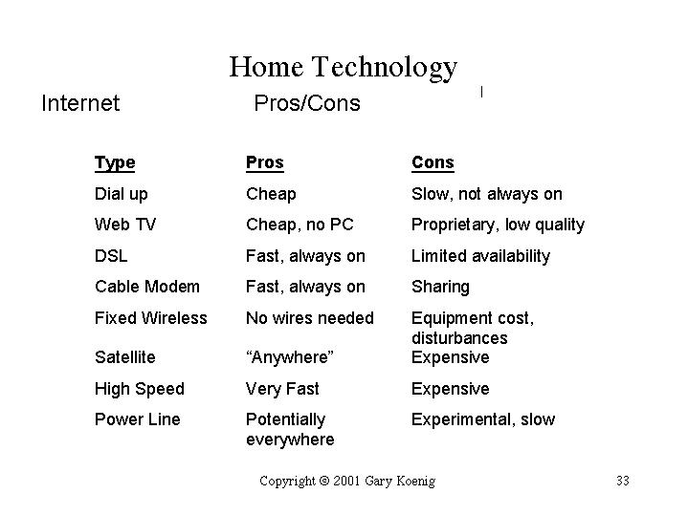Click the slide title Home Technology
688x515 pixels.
pyautogui.click(x=344, y=68)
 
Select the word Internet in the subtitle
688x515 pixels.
pyautogui.click(x=80, y=103)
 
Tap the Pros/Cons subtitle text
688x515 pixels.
pyautogui.click(x=307, y=103)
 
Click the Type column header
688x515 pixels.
pyautogui.click(x=115, y=163)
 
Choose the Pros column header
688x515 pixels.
pyautogui.click(x=265, y=162)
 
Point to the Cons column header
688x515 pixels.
pyautogui.click(x=433, y=162)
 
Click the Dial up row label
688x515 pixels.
pyautogui.click(x=122, y=195)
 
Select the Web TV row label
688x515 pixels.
pyautogui.click(x=125, y=225)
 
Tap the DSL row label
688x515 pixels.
pyautogui.click(x=111, y=256)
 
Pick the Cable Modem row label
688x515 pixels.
pyautogui.click(x=147, y=287)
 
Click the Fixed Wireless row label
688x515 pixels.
pyautogui.click(x=151, y=318)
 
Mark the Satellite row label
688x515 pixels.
pyautogui.click(x=125, y=357)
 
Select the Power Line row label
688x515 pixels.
pyautogui.click(x=138, y=419)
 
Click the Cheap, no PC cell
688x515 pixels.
pyautogui.click(x=300, y=225)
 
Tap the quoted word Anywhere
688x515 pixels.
pyautogui.click(x=290, y=357)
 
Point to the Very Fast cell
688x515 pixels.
pyautogui.click(x=282, y=389)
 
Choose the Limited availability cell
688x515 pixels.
pyautogui.click(x=481, y=256)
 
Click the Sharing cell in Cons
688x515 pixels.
pyautogui.click(x=440, y=288)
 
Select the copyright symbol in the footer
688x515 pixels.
pyautogui.click(x=324, y=481)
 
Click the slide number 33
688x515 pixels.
pyautogui.click(x=623, y=481)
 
